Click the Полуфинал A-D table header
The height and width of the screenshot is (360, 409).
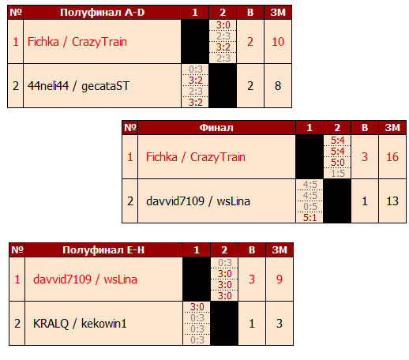tap(102, 13)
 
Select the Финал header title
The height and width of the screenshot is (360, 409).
tap(216, 128)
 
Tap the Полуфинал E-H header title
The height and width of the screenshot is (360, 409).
tap(103, 249)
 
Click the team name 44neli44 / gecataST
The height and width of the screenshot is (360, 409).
tap(78, 86)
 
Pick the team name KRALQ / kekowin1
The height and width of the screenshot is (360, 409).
tap(80, 324)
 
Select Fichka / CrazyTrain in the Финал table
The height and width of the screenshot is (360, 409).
tap(196, 157)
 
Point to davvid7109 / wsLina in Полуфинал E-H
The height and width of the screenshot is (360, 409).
tap(85, 279)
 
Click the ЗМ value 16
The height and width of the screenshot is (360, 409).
tap(392, 157)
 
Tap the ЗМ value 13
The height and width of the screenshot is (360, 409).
tap(392, 201)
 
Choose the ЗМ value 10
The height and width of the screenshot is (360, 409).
tap(278, 42)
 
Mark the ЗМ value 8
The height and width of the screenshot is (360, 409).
tap(278, 86)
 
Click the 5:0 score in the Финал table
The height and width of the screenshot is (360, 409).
tap(338, 163)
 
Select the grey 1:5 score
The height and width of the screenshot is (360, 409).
tap(338, 174)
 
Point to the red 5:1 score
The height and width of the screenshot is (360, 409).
tap(310, 218)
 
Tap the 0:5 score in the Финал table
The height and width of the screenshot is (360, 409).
tap(310, 207)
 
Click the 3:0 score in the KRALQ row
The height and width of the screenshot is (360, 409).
tap(197, 307)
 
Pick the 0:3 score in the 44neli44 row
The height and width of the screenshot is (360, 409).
tap(196, 69)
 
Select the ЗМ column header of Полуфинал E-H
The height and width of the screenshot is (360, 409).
tap(280, 249)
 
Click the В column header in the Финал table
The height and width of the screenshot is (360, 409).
tap(365, 128)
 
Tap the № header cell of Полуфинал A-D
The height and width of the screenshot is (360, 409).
tap(16, 13)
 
